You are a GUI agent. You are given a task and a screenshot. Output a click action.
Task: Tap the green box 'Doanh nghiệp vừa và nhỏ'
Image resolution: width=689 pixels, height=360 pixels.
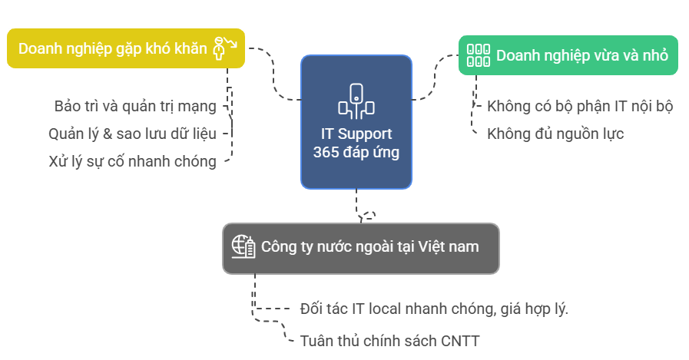568,55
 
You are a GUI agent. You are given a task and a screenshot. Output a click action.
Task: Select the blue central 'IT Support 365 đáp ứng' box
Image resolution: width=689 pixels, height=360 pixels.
356,122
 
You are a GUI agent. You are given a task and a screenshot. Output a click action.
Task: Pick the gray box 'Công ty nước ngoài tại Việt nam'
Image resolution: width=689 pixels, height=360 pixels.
361,248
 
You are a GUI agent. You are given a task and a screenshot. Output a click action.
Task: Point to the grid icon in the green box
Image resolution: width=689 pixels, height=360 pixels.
479,55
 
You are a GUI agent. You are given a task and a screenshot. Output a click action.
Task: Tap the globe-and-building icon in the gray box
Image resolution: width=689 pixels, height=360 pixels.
243,247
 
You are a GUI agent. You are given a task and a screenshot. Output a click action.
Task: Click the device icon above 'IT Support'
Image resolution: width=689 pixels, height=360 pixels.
356,101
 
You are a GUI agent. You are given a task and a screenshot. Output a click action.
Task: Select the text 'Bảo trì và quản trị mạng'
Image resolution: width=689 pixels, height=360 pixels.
135,106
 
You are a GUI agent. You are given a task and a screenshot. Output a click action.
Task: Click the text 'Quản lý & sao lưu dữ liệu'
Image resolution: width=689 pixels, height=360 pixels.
132,134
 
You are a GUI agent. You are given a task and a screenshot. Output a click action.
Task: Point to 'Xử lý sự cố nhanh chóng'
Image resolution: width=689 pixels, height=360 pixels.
132,161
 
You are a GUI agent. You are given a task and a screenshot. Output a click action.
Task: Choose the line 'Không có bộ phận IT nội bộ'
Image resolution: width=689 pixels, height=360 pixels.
580,106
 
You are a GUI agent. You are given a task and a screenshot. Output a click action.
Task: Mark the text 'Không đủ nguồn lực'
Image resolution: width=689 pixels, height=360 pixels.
555,134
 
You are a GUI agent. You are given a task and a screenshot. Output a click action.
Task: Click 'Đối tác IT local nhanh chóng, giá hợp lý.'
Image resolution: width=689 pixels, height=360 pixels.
434,309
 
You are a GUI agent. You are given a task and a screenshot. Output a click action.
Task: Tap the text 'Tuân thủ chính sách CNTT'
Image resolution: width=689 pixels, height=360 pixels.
390,340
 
